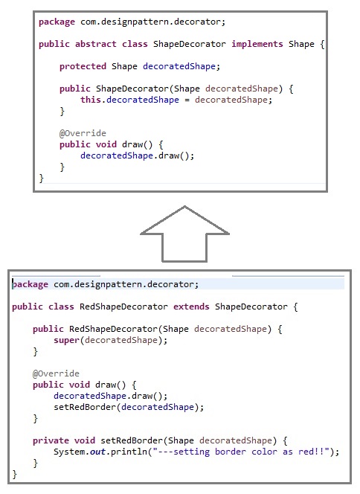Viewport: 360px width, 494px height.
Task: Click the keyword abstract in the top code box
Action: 96,44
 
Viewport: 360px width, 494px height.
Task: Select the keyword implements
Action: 257,45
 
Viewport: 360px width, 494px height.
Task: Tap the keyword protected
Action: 83,66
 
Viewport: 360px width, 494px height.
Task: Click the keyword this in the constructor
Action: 91,100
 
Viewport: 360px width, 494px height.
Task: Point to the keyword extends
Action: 191,307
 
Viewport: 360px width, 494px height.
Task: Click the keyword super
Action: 66,341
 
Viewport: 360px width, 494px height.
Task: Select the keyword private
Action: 51,440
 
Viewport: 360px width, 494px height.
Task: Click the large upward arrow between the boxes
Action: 184,234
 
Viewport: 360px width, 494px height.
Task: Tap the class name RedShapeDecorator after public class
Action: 123,307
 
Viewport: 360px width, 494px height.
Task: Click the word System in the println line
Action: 69,452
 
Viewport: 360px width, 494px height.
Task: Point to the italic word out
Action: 97,452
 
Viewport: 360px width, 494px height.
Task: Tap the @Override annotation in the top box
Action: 83,133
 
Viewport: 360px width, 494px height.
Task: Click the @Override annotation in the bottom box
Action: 56,373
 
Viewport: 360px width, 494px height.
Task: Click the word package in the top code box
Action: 57,22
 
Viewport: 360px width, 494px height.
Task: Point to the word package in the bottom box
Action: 30,285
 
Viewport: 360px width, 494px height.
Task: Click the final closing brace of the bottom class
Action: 14,475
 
